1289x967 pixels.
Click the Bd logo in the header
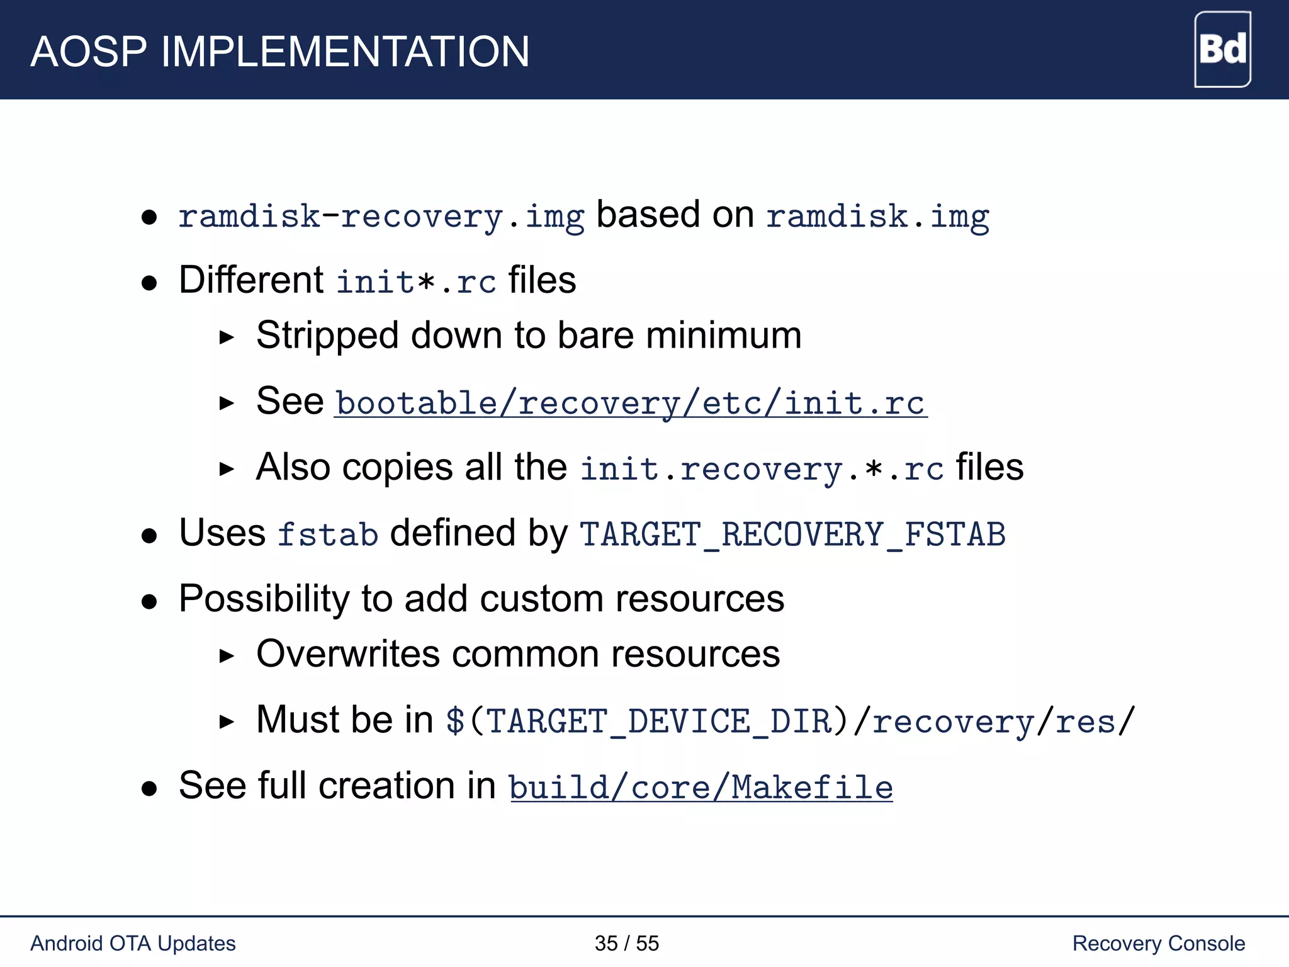pos(1222,49)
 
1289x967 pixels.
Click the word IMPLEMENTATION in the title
pos(345,52)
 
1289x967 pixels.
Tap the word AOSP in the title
pos(88,52)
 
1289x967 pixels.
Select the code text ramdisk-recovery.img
pos(381,217)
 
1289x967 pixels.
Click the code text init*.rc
pos(415,281)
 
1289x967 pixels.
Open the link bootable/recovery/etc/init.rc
pos(630,403)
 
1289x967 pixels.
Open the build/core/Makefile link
pos(701,788)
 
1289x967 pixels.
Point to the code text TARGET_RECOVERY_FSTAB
pos(792,534)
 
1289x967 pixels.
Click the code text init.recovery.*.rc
pos(762,469)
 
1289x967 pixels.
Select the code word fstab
pos(327,534)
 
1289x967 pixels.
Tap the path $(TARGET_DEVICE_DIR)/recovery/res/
pos(789,721)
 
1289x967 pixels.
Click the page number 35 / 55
pos(626,943)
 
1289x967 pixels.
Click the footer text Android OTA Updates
pos(133,943)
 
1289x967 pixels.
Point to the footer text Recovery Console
pos(1158,943)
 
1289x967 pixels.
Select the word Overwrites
pos(347,654)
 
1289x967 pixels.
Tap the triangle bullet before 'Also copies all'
pos(227,469)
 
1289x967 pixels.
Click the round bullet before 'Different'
pos(149,283)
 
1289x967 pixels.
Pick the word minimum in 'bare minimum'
pos(724,336)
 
